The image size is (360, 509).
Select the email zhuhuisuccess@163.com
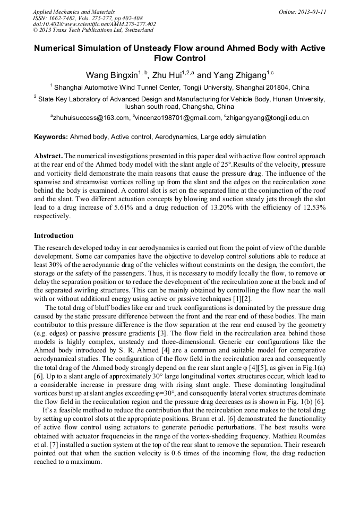91,118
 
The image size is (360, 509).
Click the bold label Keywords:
51,137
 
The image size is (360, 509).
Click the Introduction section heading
54,235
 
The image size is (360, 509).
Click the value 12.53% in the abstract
313,209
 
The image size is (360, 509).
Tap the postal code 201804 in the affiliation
280,88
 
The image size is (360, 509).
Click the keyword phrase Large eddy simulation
233,137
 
